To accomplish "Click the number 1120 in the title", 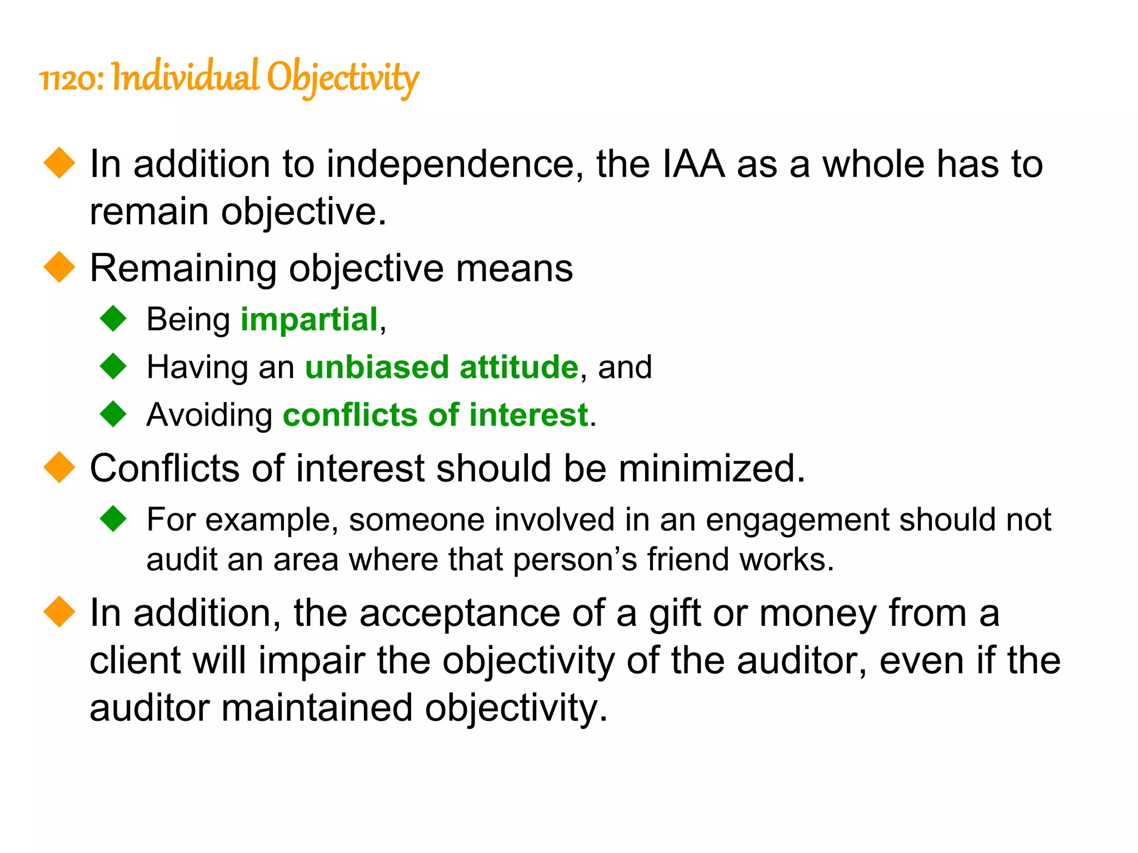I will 69,79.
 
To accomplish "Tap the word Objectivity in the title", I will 342,78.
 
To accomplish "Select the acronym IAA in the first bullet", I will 693,164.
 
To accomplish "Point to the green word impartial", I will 309,320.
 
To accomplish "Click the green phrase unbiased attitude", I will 442,368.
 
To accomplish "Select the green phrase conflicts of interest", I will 435,415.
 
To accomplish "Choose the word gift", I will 675,614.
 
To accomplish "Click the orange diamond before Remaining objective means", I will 59,267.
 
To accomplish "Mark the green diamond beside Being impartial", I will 114,319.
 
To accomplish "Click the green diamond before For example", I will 114,519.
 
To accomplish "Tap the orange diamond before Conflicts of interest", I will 59,467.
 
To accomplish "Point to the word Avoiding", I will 209,415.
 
